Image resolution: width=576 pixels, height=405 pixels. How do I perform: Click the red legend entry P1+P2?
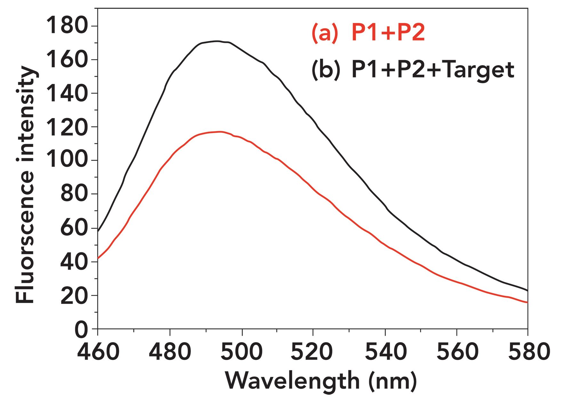(x=388, y=33)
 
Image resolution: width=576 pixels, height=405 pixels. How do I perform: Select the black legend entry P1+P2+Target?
(x=433, y=70)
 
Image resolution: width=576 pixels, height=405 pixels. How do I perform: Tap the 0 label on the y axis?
(x=81, y=330)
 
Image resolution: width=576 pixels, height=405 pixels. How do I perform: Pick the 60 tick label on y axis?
(x=74, y=228)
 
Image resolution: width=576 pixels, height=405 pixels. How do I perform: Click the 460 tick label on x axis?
(x=98, y=352)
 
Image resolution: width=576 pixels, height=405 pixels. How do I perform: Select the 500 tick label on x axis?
(x=242, y=352)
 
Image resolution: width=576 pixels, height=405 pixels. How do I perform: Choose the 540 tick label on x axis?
(x=386, y=352)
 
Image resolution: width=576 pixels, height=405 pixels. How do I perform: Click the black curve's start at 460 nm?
(x=98, y=231)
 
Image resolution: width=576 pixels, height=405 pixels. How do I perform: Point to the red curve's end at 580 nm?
(x=527, y=302)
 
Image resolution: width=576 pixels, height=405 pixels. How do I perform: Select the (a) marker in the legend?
(x=324, y=33)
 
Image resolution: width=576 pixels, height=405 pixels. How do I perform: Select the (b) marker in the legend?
(x=325, y=70)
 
